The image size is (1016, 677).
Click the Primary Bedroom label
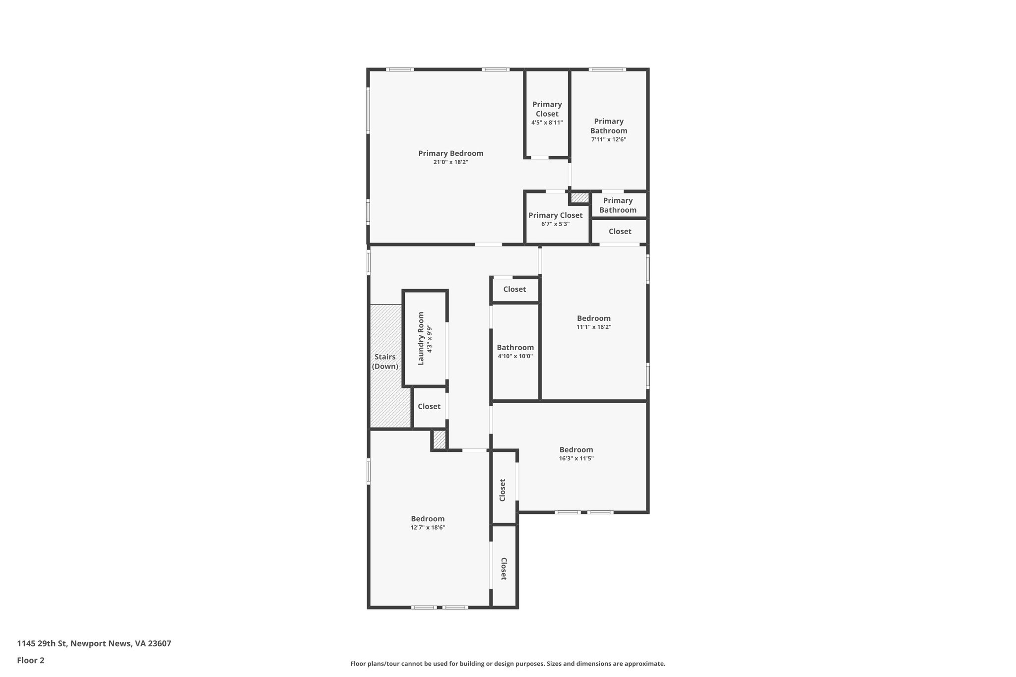[450, 153]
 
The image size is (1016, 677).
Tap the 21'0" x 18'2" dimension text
[450, 162]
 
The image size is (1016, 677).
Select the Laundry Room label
[421, 338]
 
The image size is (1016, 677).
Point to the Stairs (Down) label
[385, 362]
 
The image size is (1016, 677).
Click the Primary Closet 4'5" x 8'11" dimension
[547, 123]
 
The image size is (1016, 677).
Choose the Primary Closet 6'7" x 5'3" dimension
[555, 224]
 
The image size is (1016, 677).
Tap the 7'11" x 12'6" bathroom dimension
[608, 139]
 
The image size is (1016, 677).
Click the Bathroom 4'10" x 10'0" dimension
[515, 356]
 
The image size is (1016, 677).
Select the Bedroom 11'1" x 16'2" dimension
[593, 327]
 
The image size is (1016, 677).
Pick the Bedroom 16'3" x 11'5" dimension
[576, 458]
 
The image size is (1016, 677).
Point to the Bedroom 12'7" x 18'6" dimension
[428, 528]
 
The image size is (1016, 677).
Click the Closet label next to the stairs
[429, 406]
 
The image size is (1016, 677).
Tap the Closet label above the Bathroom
[514, 289]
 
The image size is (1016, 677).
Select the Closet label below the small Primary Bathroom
[620, 231]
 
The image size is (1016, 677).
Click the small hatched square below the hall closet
[440, 440]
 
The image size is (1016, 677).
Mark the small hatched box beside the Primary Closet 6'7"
[579, 197]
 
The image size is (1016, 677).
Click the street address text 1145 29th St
[94, 643]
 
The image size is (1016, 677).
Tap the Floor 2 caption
[30, 660]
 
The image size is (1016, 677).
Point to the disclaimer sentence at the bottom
[508, 664]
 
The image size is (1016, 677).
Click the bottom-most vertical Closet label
[503, 568]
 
